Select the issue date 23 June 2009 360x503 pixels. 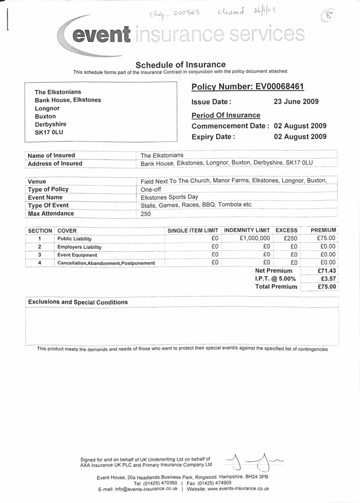[x=296, y=101]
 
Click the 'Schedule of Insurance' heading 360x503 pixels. [x=181, y=64]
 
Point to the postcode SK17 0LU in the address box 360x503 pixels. [x=49, y=132]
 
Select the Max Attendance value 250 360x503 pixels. [x=146, y=214]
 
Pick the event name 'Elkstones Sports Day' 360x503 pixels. [x=169, y=197]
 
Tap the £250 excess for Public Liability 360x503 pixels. [x=291, y=239]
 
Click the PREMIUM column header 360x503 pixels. [x=323, y=230]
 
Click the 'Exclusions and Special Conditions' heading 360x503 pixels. [x=78, y=302]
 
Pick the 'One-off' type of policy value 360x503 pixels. [x=151, y=189]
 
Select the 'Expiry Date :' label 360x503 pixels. [x=213, y=137]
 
